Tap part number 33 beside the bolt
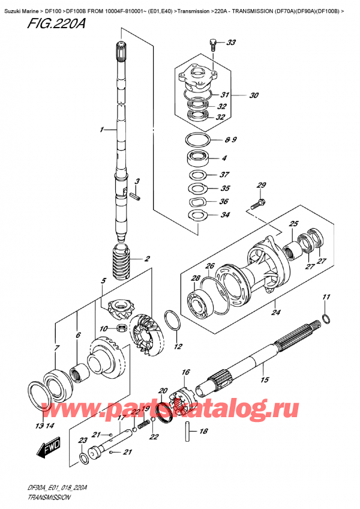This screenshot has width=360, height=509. (x=232, y=43)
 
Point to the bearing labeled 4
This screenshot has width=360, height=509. (x=197, y=159)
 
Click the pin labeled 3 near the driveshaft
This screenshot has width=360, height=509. (x=136, y=196)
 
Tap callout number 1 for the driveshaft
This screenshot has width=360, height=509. (x=103, y=129)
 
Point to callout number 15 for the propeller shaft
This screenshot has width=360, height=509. (x=263, y=380)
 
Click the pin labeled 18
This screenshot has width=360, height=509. (x=187, y=429)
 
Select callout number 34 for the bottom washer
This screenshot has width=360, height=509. (x=225, y=215)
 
